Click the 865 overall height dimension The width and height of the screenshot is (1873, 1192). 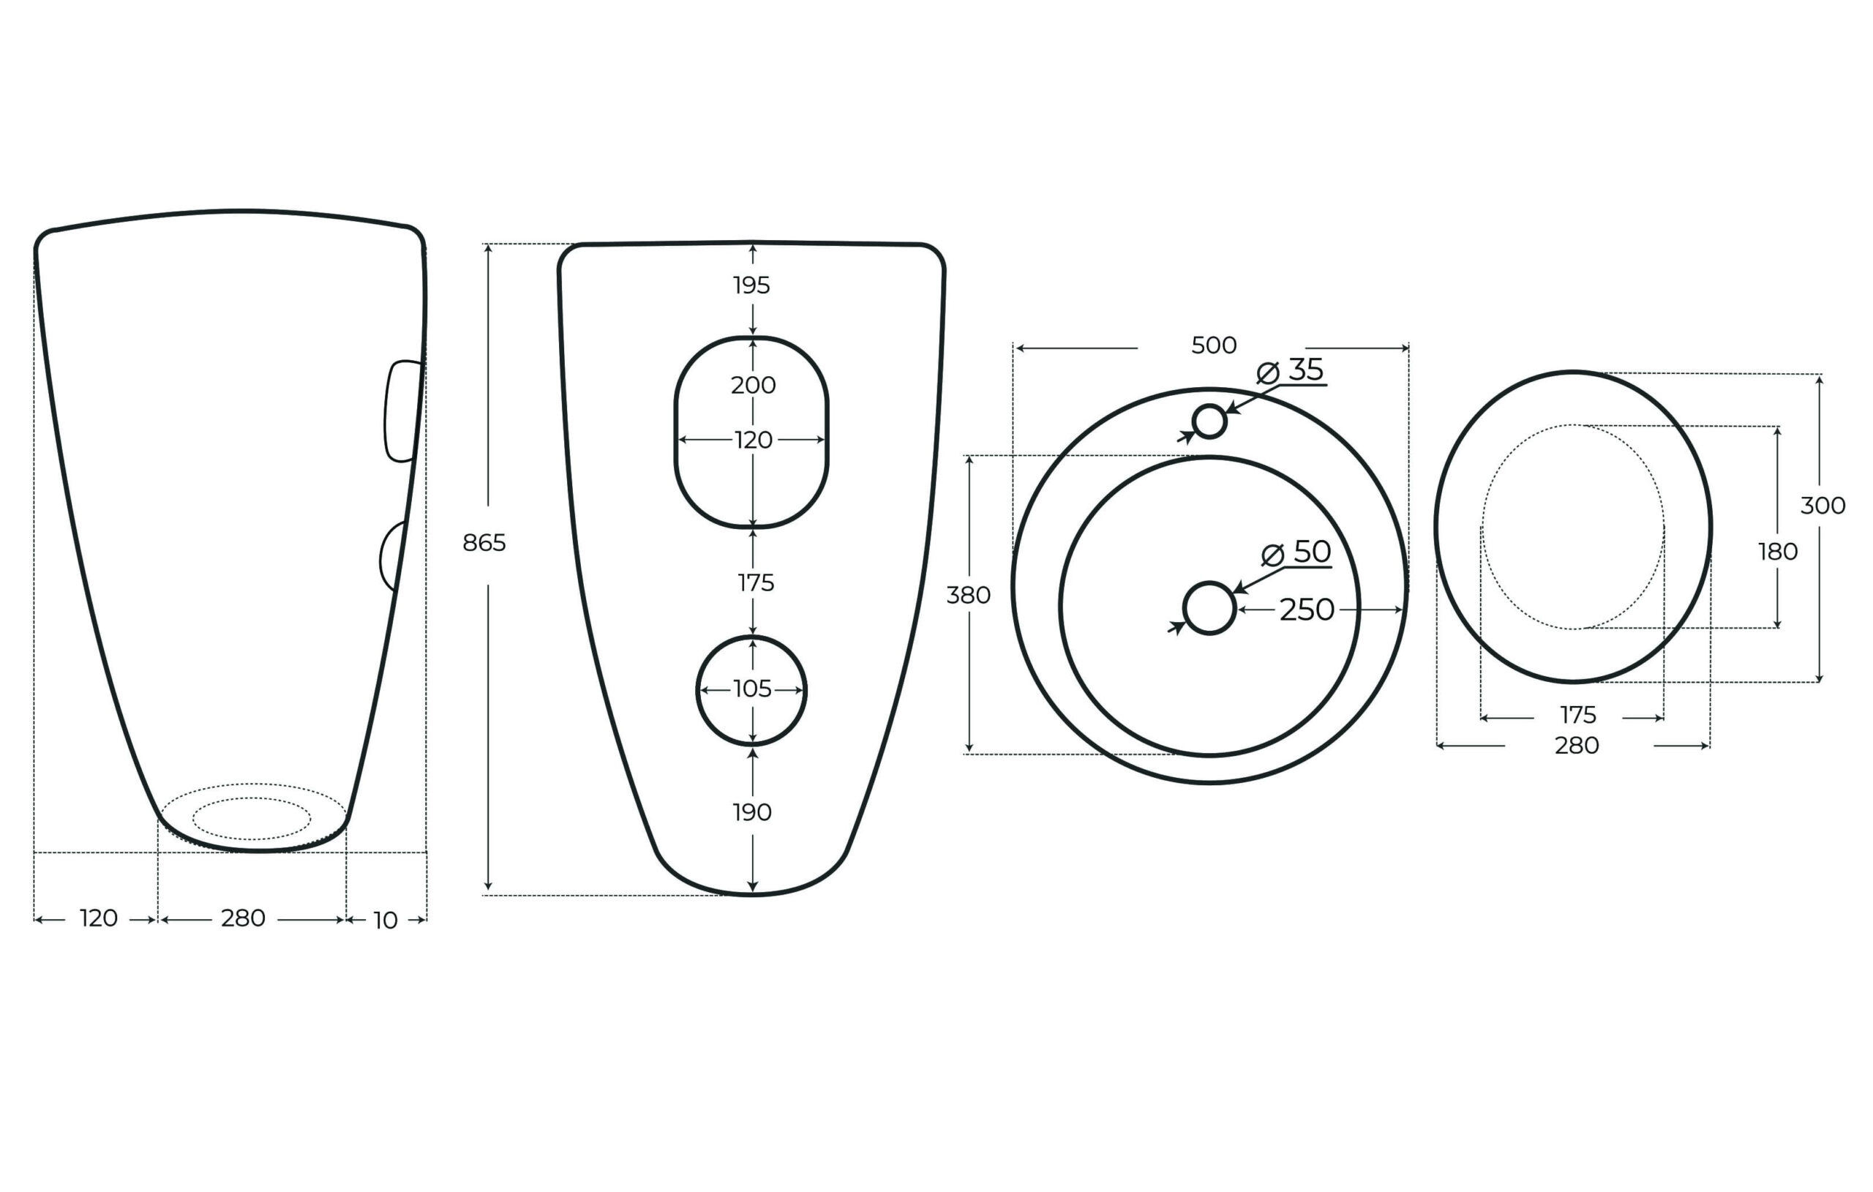(484, 543)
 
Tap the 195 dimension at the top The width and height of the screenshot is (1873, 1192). (751, 285)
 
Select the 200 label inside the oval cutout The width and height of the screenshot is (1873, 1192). (753, 385)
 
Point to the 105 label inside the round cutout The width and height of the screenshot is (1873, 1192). (752, 689)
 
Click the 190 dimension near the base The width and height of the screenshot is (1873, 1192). (752, 812)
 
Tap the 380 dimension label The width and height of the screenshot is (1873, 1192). (969, 595)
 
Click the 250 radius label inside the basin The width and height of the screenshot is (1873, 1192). (1307, 610)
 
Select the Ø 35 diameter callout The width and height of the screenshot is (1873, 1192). (1291, 370)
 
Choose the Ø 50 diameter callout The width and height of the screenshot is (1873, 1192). (1296, 552)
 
